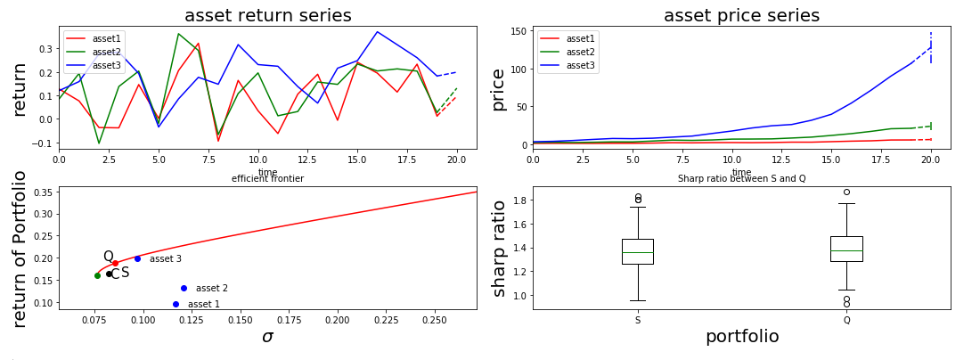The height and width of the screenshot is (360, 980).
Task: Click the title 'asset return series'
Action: pyautogui.click(x=267, y=16)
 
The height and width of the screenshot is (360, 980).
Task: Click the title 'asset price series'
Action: pyautogui.click(x=741, y=16)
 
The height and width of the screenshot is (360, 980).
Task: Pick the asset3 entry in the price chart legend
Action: pyautogui.click(x=568, y=65)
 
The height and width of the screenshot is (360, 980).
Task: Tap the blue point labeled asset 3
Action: pyautogui.click(x=137, y=258)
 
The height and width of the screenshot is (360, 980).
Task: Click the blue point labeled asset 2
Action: pyautogui.click(x=184, y=288)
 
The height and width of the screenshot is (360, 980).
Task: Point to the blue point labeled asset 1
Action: pyautogui.click(x=176, y=304)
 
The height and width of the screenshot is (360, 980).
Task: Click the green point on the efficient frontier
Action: pyautogui.click(x=97, y=275)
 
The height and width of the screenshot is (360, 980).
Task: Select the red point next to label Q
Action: pyautogui.click(x=115, y=263)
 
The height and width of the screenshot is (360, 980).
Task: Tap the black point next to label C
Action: pyautogui.click(x=109, y=274)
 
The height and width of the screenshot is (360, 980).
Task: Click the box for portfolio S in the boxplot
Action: pyautogui.click(x=637, y=251)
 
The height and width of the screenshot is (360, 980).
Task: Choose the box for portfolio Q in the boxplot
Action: pyautogui.click(x=846, y=249)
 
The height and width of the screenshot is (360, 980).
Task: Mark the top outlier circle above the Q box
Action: pyautogui.click(x=846, y=192)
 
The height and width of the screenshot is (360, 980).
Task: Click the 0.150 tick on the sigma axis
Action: pyautogui.click(x=240, y=319)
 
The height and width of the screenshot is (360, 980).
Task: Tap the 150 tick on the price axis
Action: pyautogui.click(x=518, y=31)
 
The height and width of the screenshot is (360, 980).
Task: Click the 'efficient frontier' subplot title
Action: pyautogui.click(x=267, y=179)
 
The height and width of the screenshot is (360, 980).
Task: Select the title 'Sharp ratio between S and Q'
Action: pyautogui.click(x=741, y=179)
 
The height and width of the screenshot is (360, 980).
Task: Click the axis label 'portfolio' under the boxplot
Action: pyautogui.click(x=741, y=337)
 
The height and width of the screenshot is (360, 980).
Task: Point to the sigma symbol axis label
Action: pyautogui.click(x=267, y=337)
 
